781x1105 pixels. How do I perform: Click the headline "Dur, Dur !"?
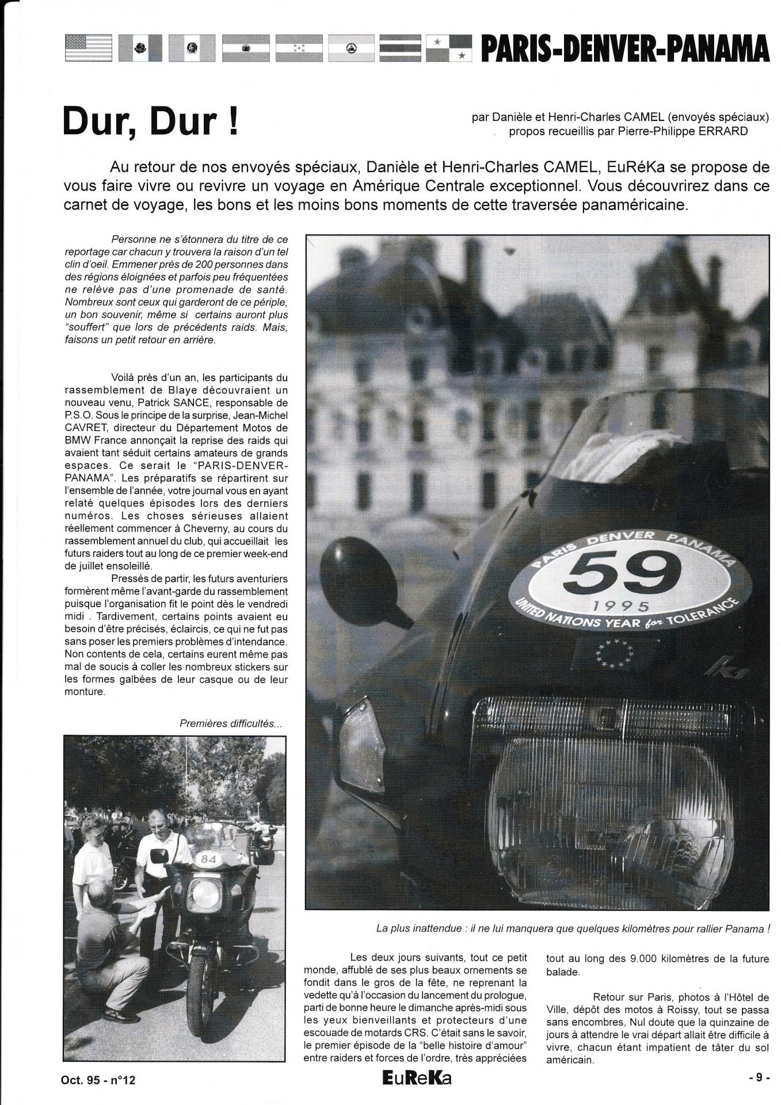point(151,121)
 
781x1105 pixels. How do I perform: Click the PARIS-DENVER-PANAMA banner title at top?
point(624,48)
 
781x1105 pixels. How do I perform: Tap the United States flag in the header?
point(89,48)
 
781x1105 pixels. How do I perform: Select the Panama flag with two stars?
point(449,48)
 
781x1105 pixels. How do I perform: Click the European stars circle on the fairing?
point(614,654)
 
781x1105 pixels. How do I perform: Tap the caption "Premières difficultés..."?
point(231,723)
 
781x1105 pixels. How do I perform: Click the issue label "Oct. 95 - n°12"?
point(98,1080)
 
